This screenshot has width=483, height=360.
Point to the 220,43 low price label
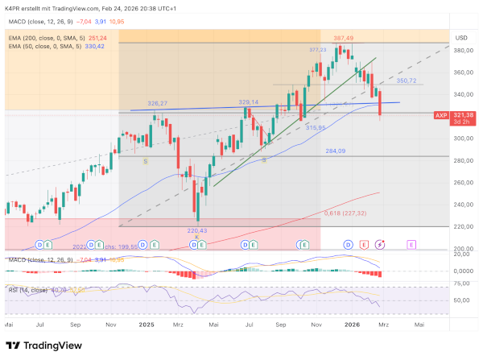pos(196,230)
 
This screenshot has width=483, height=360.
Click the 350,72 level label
pos(407,81)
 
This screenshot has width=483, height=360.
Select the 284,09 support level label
pos(335,151)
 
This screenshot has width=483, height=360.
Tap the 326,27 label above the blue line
pos(158,103)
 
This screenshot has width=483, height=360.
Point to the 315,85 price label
pos(315,127)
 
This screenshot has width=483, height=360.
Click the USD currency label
pos(461,38)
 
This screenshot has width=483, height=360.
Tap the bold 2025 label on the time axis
pos(146,324)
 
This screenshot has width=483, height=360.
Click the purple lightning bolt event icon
pos(380,243)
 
